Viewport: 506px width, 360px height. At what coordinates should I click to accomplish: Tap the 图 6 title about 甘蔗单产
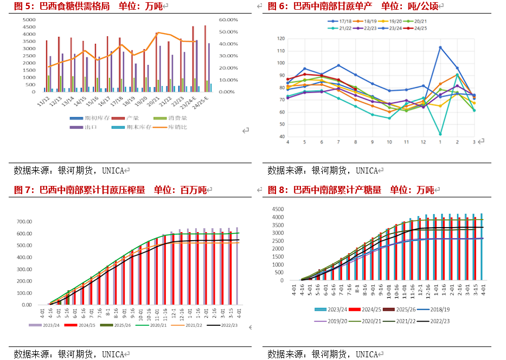pyautogui.click(x=353, y=6)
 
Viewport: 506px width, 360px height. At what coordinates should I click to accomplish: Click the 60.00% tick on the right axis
pyautogui.click(x=228, y=20)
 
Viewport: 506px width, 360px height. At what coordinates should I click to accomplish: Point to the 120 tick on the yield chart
pyautogui.click(x=280, y=38)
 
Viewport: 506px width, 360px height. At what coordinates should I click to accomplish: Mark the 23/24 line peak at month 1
pyautogui.click(x=440, y=47)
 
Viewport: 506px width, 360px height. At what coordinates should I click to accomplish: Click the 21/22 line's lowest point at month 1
pyautogui.click(x=440, y=134)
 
